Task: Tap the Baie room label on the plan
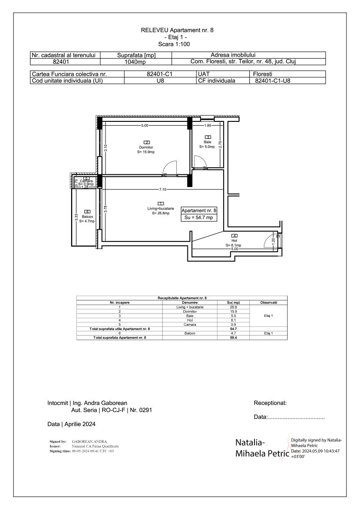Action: point(207,142)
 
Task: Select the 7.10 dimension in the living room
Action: point(162,189)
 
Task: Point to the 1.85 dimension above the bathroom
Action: point(207,126)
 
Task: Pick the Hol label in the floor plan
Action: point(233,240)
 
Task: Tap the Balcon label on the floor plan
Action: point(87,217)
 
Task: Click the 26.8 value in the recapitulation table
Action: point(232,307)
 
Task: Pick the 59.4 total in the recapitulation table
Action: point(232,337)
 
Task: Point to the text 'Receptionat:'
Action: point(270,403)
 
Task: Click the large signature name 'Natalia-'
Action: point(250,443)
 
